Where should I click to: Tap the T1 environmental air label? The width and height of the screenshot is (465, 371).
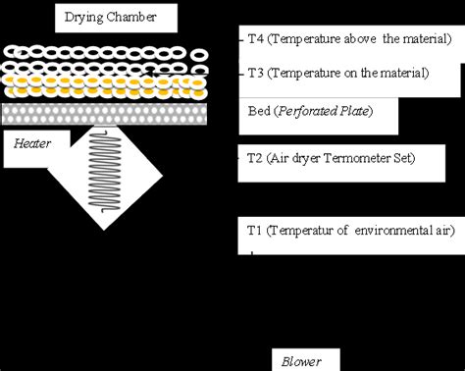pos(349,231)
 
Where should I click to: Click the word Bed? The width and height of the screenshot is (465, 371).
pos(260,111)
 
